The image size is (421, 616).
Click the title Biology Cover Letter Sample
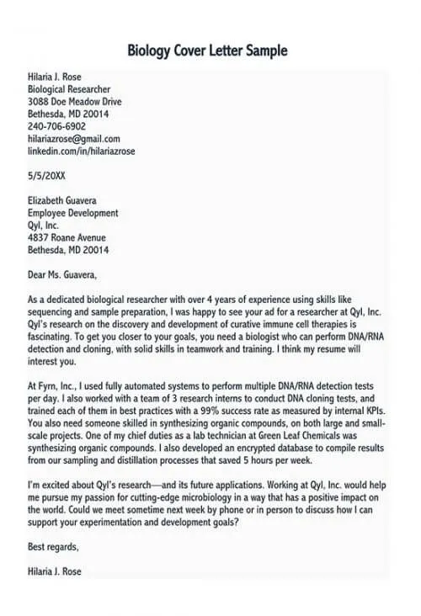[x=207, y=50]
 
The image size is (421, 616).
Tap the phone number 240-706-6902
[x=56, y=126]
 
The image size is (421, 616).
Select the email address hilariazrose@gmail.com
[x=74, y=139]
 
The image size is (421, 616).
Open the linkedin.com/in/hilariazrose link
[x=82, y=151]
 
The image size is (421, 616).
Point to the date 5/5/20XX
[x=46, y=177]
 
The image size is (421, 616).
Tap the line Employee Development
[x=72, y=213]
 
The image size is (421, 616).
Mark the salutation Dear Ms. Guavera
[x=62, y=274]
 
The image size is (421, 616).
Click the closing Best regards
[x=52, y=546]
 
